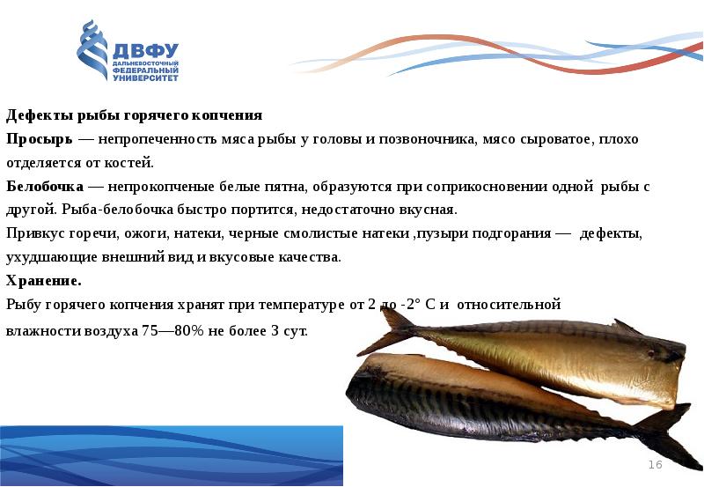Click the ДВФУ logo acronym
[146, 51]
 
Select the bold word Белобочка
[45, 188]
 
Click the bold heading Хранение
[43, 281]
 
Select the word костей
[131, 163]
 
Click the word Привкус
[34, 234]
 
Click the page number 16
[655, 464]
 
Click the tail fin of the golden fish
[395, 330]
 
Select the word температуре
[318, 305]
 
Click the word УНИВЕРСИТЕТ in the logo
[145, 78]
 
